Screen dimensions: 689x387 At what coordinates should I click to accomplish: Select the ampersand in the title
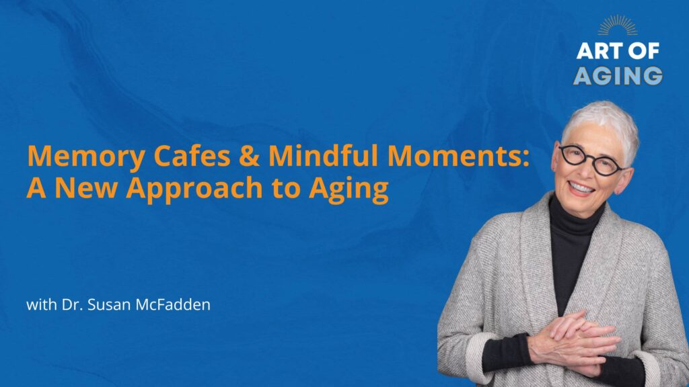coord(249,156)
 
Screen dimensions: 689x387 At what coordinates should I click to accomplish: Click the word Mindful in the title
coord(323,155)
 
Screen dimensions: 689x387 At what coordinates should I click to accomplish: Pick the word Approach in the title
coord(194,189)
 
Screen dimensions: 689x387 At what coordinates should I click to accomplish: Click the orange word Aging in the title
coord(349,189)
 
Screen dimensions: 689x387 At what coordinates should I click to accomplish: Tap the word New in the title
coord(86,188)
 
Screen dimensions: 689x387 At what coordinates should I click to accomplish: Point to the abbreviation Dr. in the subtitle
coord(72,304)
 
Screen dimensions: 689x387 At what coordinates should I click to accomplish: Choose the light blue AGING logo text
coord(618,75)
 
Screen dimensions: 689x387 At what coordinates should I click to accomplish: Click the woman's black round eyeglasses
coord(591,160)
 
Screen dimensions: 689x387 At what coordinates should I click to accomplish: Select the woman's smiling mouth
coord(581,188)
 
